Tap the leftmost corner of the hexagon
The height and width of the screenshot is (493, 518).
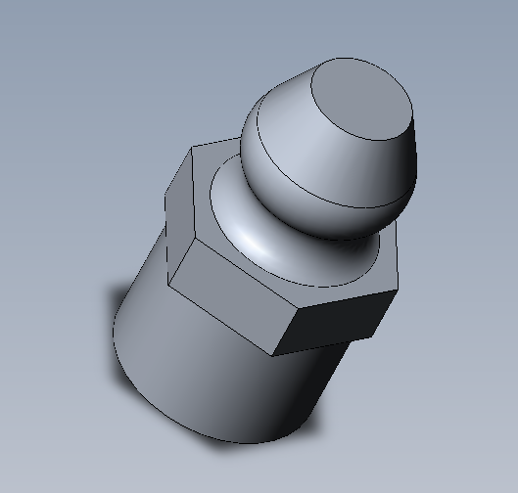click(168, 288)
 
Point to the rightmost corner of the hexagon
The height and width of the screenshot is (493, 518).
click(399, 290)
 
